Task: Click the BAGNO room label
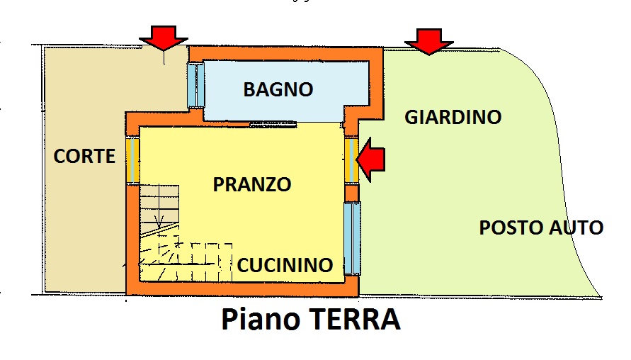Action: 278,89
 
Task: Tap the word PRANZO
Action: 252,184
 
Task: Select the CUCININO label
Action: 285,265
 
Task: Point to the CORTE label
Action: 84,156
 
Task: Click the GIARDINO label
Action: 453,117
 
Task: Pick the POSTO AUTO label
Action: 541,227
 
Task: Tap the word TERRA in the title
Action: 356,319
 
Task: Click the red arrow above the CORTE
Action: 164,38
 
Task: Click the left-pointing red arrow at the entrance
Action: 370,159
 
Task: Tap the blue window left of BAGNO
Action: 196,85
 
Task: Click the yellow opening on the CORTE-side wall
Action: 133,159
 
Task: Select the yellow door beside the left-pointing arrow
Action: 351,160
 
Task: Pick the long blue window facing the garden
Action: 352,238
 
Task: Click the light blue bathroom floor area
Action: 286,91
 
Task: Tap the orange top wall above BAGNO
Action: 286,54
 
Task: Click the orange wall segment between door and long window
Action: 351,193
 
